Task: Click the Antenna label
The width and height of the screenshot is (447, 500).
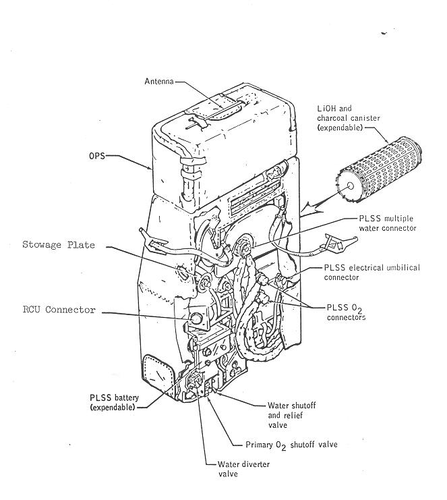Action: tap(160, 82)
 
